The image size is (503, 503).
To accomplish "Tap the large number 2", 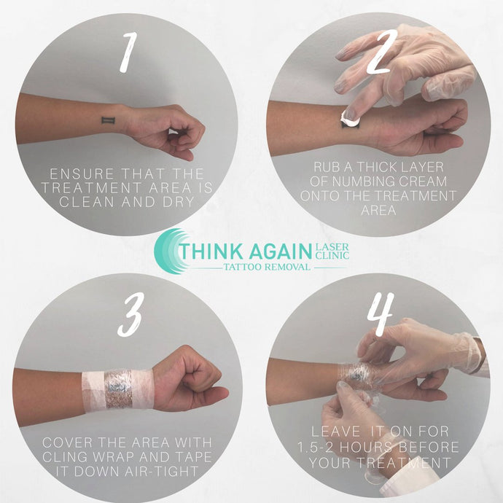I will coord(379,55).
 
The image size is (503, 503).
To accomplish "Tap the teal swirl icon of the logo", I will coord(170,251).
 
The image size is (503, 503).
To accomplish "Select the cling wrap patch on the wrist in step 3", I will coord(117,390).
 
